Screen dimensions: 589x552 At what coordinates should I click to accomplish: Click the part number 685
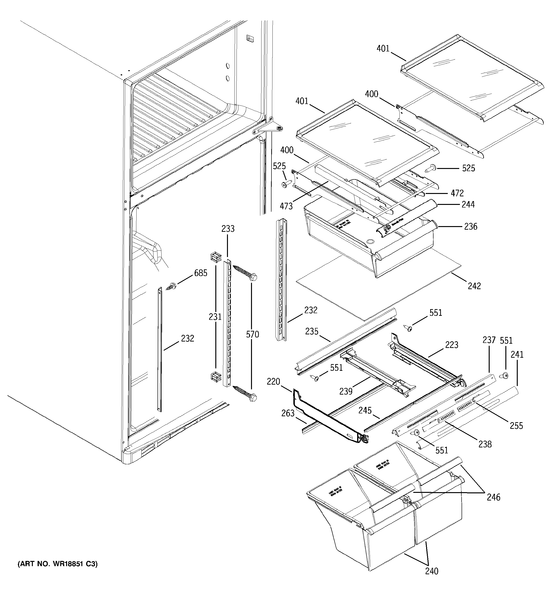point(201,273)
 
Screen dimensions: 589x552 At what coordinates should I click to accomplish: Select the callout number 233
point(228,229)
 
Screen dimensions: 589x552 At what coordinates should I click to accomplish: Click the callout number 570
point(252,335)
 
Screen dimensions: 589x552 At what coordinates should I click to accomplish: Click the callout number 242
point(474,286)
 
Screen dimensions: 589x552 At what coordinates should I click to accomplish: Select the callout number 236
point(471,227)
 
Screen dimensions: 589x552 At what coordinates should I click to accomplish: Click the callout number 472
point(457,193)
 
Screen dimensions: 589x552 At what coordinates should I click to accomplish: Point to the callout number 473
point(286,206)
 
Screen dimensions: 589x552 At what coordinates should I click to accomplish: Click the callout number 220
point(273,382)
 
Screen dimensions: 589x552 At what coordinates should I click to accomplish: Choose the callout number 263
point(288,413)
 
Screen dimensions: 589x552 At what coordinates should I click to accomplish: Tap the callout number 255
point(516,426)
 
